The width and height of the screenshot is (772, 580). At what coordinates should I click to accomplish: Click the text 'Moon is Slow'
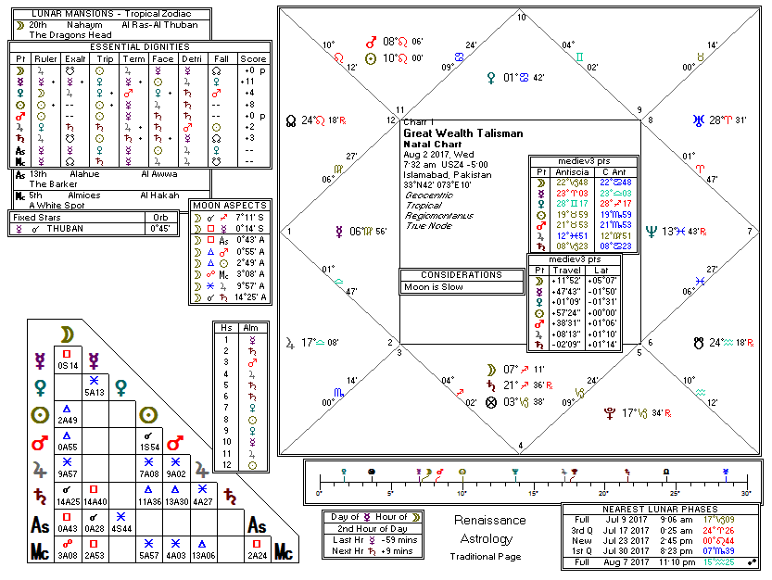(x=432, y=287)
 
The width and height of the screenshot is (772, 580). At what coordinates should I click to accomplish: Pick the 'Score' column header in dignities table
(x=252, y=57)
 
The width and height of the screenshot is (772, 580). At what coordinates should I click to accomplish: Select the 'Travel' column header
(x=566, y=270)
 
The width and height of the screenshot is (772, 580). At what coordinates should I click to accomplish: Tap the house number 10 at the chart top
(x=521, y=17)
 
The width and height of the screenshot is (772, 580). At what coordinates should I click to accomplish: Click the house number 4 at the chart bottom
(x=521, y=446)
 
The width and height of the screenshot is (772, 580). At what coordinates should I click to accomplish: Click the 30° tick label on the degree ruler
(x=745, y=492)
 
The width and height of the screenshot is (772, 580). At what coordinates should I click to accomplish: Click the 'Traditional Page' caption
(x=486, y=556)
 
